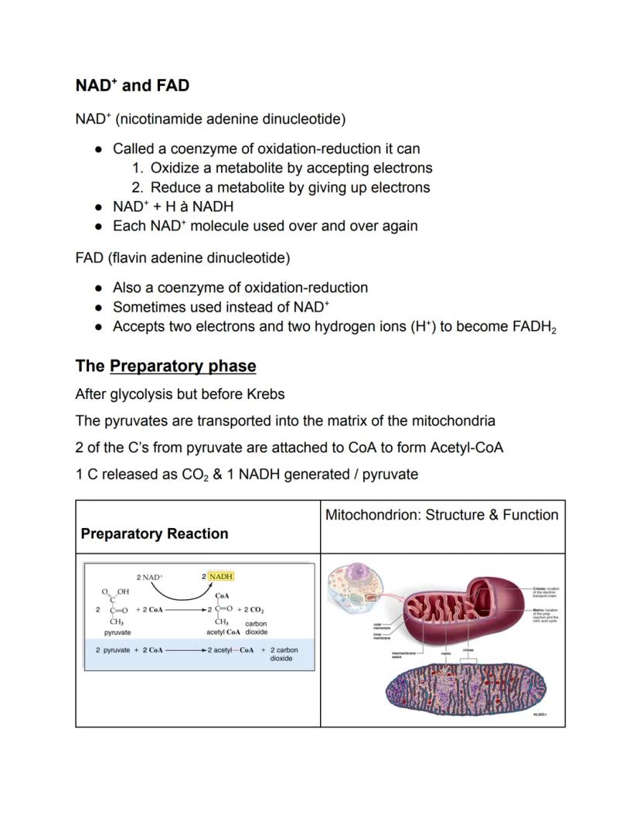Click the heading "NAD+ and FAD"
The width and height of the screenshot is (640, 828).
tap(132, 85)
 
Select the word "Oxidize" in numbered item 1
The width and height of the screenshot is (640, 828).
tap(176, 168)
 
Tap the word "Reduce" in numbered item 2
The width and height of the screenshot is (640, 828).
tap(175, 187)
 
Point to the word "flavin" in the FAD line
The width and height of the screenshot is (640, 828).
tap(128, 257)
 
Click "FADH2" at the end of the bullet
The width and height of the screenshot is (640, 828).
tap(534, 327)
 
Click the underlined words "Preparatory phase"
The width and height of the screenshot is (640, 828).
tap(182, 366)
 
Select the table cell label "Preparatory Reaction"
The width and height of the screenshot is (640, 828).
tap(155, 533)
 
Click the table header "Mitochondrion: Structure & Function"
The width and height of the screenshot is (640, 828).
tap(441, 515)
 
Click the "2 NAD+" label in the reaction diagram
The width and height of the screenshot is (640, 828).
tap(149, 577)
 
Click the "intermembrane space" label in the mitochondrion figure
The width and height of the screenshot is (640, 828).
tap(404, 655)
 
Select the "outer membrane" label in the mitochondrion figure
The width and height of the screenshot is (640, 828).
tap(382, 625)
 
